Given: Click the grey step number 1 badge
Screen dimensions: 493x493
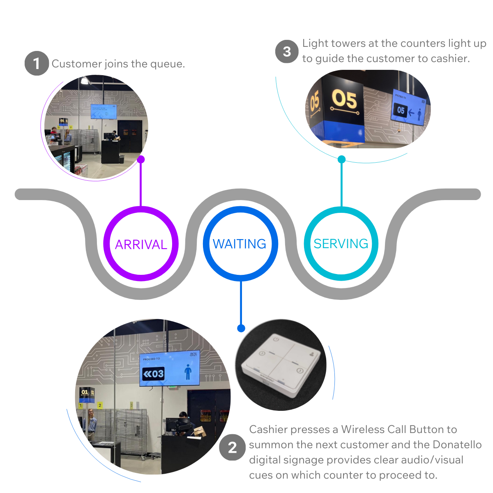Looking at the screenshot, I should (x=37, y=64).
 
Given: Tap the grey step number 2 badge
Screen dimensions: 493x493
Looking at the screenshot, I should (x=232, y=447).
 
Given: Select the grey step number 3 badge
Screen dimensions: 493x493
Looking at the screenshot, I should (x=286, y=51).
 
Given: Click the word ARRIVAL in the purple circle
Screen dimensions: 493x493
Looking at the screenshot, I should (x=141, y=245).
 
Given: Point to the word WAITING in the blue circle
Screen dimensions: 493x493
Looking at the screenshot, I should (x=240, y=244).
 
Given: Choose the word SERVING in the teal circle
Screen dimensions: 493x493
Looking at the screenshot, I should (x=341, y=244).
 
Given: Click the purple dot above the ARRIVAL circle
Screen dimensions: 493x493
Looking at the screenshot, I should (x=141, y=159).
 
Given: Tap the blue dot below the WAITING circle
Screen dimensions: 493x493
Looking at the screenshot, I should (x=241, y=328).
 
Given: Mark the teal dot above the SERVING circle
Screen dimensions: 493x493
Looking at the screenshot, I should (x=341, y=159).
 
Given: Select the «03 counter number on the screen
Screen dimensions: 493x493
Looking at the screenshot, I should (x=153, y=374).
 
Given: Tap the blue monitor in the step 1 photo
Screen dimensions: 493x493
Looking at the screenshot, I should (x=103, y=111).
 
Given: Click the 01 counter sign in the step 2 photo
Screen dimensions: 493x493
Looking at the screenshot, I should (x=85, y=393).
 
